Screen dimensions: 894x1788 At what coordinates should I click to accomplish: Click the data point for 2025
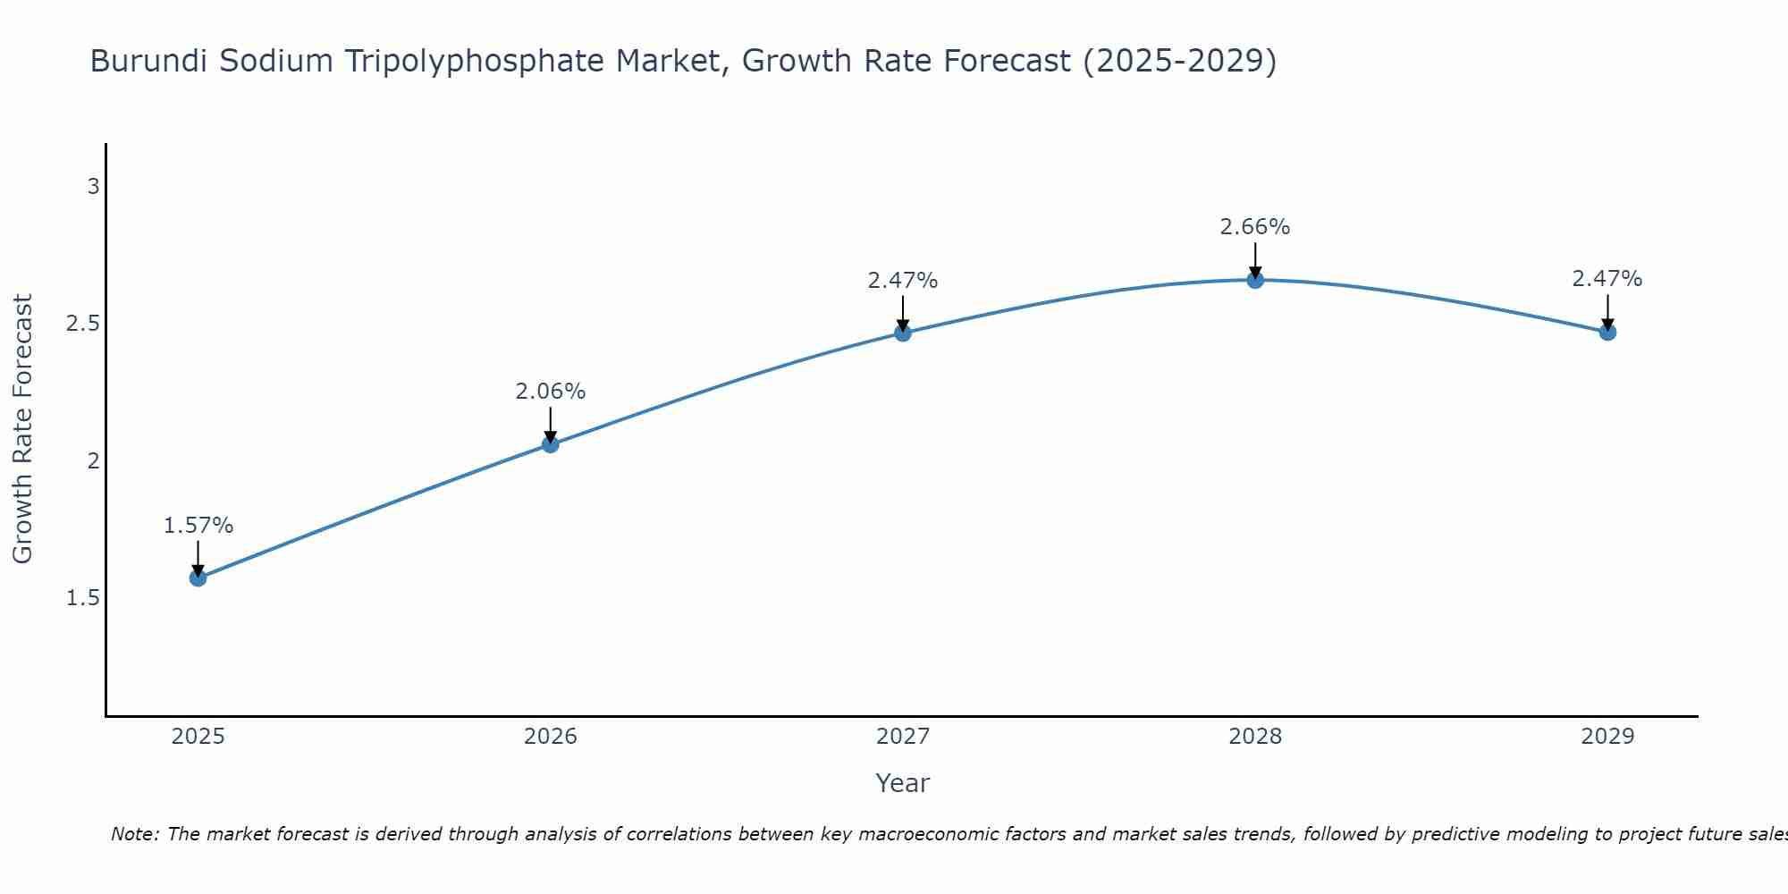click(198, 578)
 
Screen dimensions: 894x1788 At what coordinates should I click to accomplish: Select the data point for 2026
click(550, 444)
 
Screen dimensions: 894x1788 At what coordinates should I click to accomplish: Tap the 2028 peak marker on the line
click(1255, 280)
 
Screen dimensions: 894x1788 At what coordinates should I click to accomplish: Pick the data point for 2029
click(1607, 333)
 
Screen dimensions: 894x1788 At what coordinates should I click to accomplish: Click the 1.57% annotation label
click(198, 526)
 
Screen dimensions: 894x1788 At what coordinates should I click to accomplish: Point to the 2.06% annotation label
click(550, 392)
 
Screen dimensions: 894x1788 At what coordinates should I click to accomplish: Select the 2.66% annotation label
click(1255, 227)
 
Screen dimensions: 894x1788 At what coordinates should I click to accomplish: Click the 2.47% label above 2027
click(902, 281)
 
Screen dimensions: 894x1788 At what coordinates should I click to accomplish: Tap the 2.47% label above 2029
click(1607, 279)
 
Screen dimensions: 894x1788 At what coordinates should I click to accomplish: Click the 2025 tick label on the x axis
click(198, 737)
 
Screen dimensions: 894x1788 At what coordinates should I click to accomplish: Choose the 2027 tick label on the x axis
click(902, 737)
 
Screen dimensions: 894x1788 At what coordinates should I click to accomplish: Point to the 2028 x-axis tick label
click(1255, 737)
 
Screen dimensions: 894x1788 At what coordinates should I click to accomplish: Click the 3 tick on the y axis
click(93, 187)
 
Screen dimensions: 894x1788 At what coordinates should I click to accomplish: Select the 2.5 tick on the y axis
click(82, 324)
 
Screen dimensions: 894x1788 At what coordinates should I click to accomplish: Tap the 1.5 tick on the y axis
click(82, 598)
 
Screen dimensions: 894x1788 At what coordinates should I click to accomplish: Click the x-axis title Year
click(902, 783)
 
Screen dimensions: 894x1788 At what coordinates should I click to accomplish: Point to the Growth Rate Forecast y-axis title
click(22, 428)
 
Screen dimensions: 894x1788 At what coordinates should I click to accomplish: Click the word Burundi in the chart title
click(148, 61)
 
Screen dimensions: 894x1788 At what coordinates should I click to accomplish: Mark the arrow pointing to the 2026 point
click(550, 426)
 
